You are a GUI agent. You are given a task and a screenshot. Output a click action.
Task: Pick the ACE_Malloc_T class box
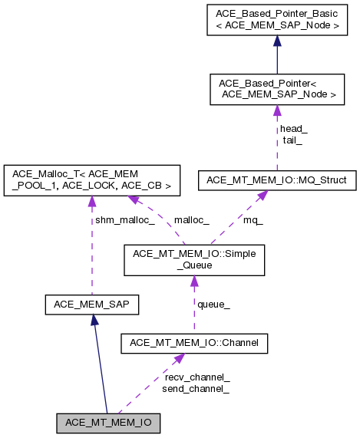click(x=91, y=179)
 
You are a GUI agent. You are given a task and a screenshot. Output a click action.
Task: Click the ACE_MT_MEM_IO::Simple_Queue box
click(x=193, y=259)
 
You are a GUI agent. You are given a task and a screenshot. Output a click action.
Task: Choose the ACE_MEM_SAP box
click(x=91, y=305)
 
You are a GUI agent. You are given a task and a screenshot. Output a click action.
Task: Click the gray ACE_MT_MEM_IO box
click(x=108, y=422)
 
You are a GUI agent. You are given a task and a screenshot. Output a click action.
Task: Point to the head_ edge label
click(x=293, y=128)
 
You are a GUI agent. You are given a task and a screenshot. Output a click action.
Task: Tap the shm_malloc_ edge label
click(x=124, y=221)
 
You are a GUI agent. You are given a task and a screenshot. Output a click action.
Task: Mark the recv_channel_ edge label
click(x=197, y=377)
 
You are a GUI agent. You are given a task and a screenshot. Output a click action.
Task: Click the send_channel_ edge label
click(x=196, y=389)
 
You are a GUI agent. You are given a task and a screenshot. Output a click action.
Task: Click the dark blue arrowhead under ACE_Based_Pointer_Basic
click(x=276, y=43)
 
